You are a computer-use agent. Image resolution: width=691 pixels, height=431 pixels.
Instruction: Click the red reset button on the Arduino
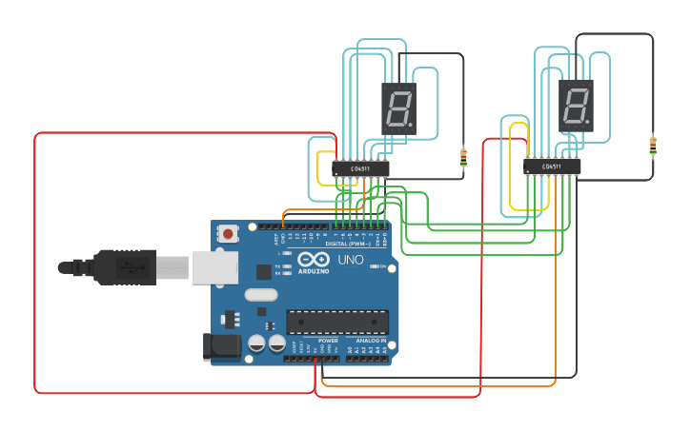click(x=228, y=233)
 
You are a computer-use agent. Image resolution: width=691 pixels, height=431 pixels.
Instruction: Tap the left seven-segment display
click(x=398, y=108)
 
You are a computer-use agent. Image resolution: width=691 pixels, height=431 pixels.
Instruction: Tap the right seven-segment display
click(x=576, y=105)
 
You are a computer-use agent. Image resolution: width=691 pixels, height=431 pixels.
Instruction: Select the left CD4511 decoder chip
click(x=360, y=169)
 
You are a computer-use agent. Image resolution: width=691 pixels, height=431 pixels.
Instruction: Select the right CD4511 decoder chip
click(x=552, y=167)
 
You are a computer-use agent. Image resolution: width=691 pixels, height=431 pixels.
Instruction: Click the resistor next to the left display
click(x=463, y=156)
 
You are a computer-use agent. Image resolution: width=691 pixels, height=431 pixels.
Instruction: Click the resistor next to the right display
click(x=653, y=146)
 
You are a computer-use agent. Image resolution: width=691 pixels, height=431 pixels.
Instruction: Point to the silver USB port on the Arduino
click(x=213, y=267)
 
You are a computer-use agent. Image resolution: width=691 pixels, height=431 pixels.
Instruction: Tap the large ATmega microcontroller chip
click(x=337, y=323)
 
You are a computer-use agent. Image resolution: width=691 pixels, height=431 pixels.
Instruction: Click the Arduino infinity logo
click(x=314, y=260)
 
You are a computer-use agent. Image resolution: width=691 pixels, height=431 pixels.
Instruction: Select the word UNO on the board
click(x=350, y=259)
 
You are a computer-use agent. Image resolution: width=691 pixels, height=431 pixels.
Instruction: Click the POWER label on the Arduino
click(x=328, y=340)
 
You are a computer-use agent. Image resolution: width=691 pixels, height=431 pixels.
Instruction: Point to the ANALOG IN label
click(x=371, y=340)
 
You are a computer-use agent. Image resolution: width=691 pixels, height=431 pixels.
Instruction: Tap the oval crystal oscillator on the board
click(x=260, y=294)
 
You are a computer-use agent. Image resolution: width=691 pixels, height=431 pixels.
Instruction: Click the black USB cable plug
click(x=124, y=267)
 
